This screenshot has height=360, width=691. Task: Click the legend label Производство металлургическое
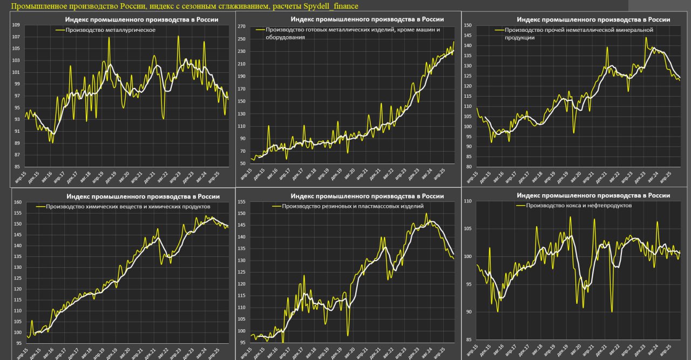point(110,30)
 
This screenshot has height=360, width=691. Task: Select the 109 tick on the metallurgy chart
point(16,25)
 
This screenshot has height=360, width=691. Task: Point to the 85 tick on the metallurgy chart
point(17,167)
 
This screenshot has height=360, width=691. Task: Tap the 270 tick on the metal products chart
point(241,26)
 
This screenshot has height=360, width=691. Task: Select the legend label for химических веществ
point(128,207)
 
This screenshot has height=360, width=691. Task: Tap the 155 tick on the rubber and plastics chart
point(241,202)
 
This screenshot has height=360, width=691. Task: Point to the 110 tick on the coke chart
point(468,201)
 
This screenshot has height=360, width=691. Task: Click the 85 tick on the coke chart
point(469,339)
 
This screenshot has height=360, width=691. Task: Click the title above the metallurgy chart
point(141,19)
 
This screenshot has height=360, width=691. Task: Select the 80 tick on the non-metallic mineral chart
point(469,167)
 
